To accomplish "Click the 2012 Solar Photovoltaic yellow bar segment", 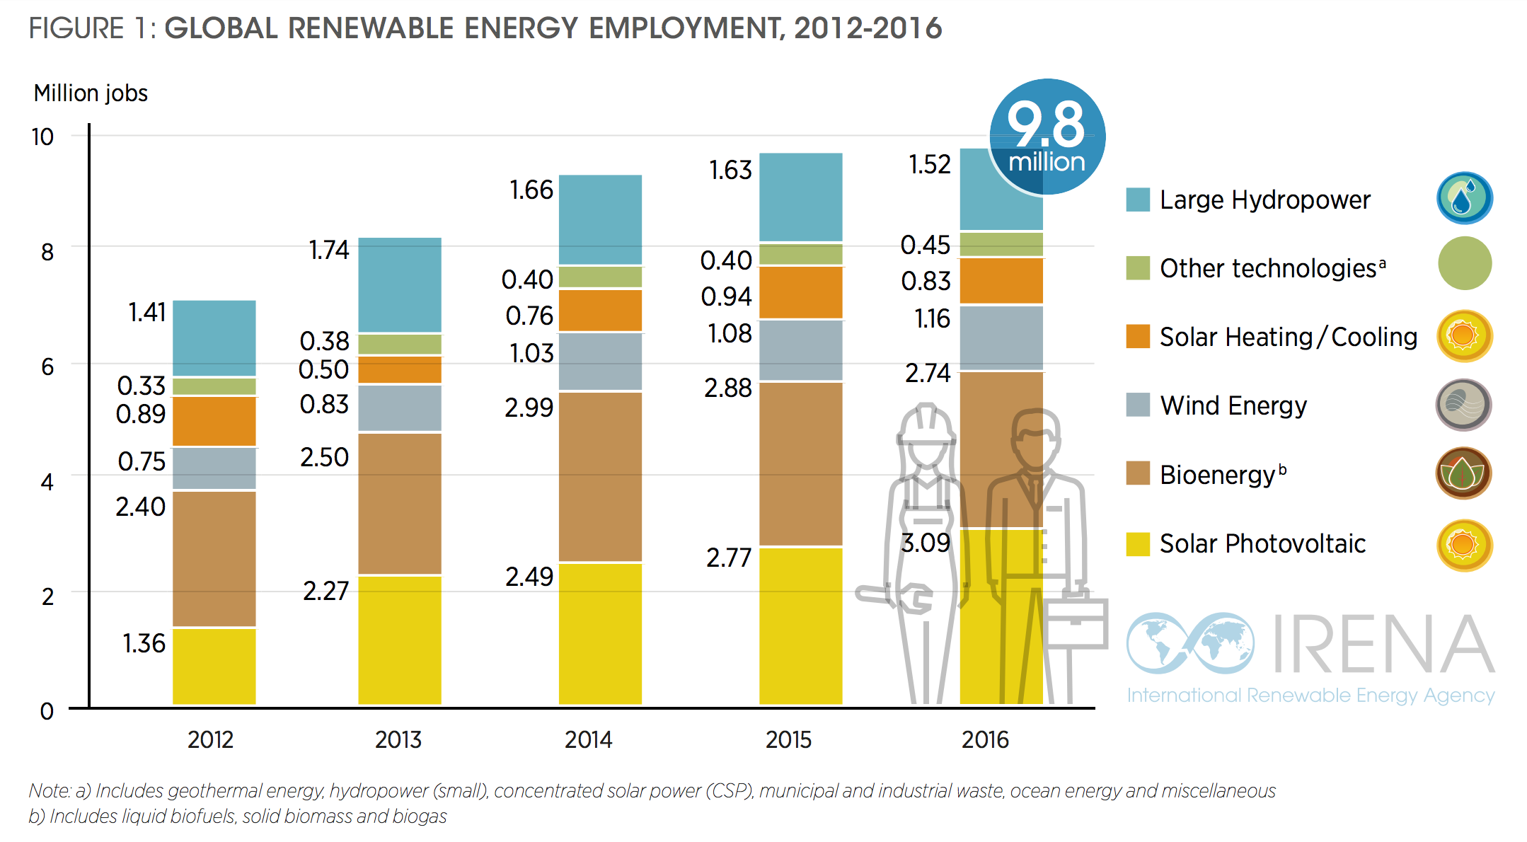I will point(214,665).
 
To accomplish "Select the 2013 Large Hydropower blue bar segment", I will point(400,284).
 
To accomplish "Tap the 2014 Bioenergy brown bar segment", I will point(600,475).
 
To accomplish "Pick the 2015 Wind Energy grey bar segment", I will point(800,350).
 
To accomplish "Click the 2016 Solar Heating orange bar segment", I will point(1001,281).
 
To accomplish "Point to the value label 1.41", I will point(147,312).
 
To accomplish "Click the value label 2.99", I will point(529,408).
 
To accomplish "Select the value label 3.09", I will point(925,543).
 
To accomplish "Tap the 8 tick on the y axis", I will point(47,252).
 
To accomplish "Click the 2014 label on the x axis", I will point(588,740).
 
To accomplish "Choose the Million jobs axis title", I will point(91,93).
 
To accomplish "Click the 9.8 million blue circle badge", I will point(1047,137).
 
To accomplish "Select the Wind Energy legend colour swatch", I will point(1138,405).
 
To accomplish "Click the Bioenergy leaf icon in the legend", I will point(1463,473).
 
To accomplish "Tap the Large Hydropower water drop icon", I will point(1463,198).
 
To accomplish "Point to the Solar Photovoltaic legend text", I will point(1262,543).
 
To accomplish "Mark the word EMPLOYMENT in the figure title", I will point(685,28).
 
